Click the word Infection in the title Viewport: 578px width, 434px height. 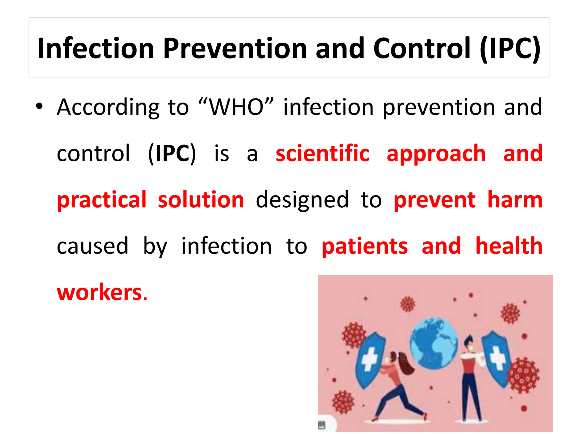(95, 49)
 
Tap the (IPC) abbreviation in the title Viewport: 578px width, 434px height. (510, 49)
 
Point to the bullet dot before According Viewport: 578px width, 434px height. (39, 107)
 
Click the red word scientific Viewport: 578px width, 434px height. (322, 153)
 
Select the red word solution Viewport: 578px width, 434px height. (201, 200)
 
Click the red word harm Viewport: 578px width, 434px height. (515, 200)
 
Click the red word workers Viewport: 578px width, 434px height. (99, 292)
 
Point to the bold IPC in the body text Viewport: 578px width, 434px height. (172, 153)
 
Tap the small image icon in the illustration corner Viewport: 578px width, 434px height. (322, 425)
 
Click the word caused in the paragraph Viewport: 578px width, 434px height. (92, 246)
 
